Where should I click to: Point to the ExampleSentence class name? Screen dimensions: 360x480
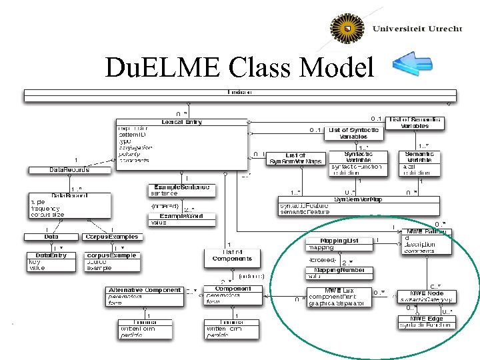click(x=181, y=187)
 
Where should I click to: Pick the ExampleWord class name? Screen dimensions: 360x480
click(x=181, y=215)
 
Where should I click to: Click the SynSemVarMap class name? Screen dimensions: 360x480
click(x=358, y=199)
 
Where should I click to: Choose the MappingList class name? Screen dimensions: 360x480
click(x=339, y=240)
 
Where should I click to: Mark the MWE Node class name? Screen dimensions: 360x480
click(x=427, y=293)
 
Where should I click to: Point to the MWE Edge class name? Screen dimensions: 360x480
click(x=427, y=319)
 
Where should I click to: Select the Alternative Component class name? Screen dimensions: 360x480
click(x=144, y=290)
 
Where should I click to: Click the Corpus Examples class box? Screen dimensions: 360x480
click(x=111, y=236)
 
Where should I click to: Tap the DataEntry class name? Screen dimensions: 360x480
click(x=51, y=255)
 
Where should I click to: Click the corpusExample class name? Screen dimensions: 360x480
click(x=112, y=255)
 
